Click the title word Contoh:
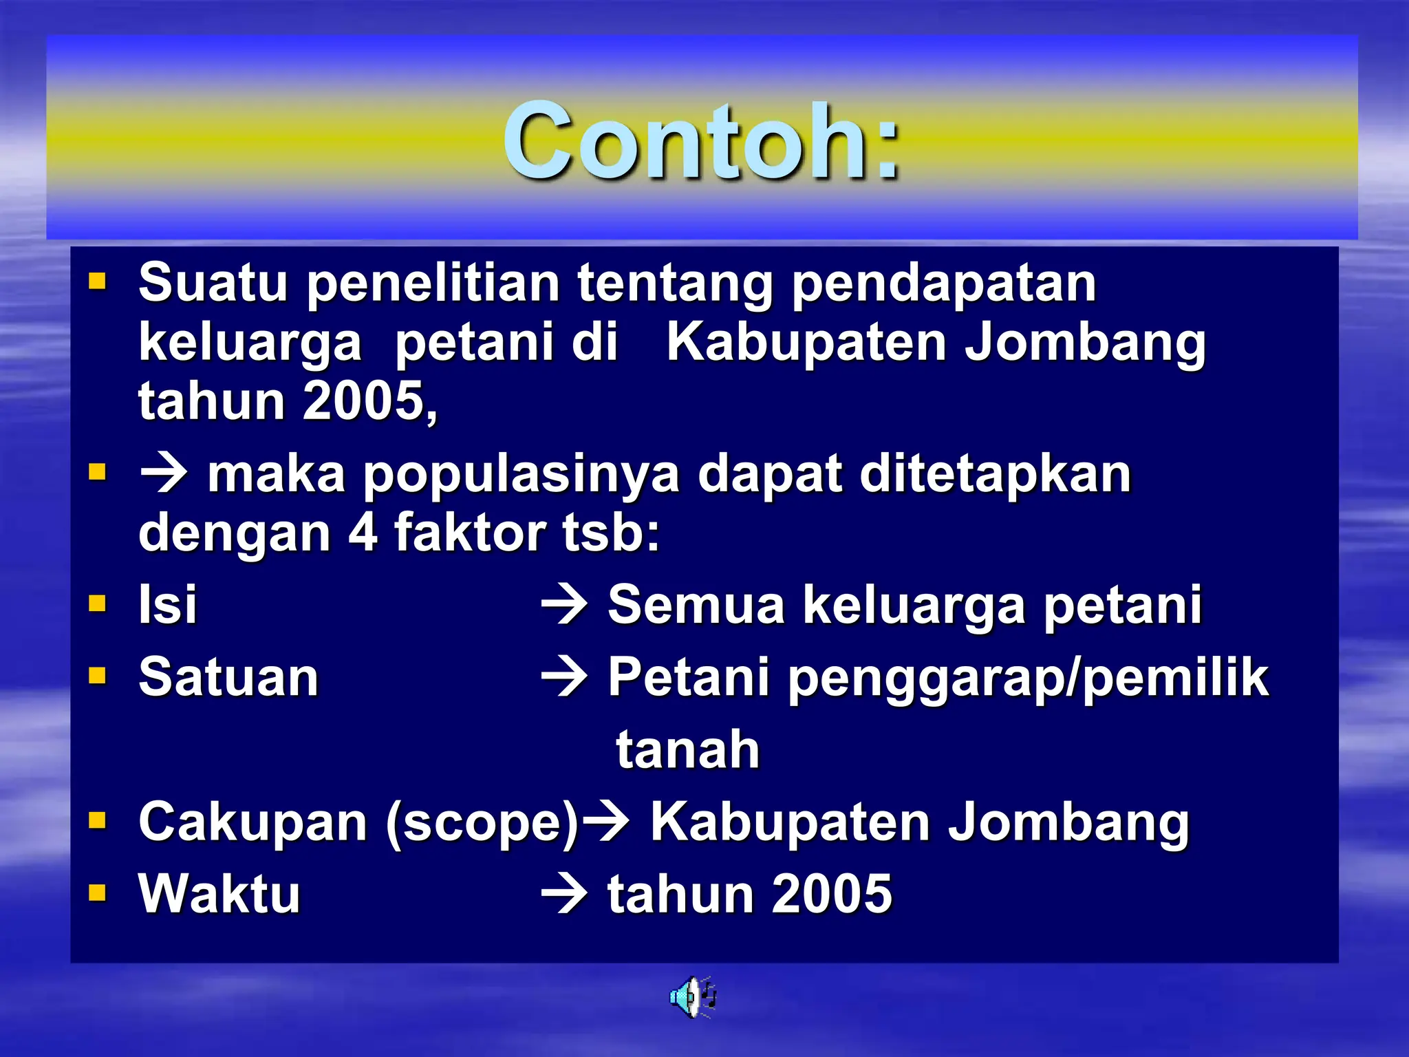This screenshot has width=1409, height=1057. [700, 141]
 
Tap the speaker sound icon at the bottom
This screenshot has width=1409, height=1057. [692, 996]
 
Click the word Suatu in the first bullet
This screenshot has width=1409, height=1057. [212, 282]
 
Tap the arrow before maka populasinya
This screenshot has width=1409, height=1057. [164, 474]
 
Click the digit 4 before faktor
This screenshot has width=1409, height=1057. [363, 532]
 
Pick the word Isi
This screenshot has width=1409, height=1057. [167, 605]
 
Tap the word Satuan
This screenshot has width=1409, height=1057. [228, 677]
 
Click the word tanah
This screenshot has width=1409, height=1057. [687, 749]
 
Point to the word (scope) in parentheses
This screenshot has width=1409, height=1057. [482, 822]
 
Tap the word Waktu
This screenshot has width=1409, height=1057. [219, 894]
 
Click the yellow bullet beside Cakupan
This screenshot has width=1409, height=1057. [98, 820]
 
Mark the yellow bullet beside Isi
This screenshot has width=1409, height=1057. [98, 604]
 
